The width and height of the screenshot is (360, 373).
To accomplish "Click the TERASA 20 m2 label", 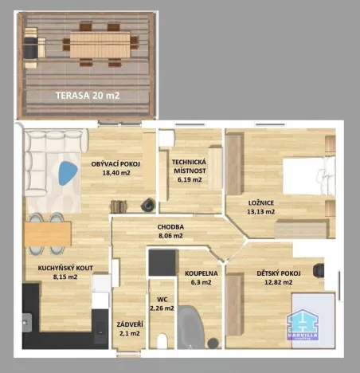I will pyautogui.click(x=88, y=95).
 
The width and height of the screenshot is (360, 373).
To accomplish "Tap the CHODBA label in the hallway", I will pyautogui.click(x=170, y=226).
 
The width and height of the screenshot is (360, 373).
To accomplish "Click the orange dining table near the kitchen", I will pyautogui.click(x=48, y=234).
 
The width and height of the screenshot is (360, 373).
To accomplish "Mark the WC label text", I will pyautogui.click(x=161, y=300).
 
